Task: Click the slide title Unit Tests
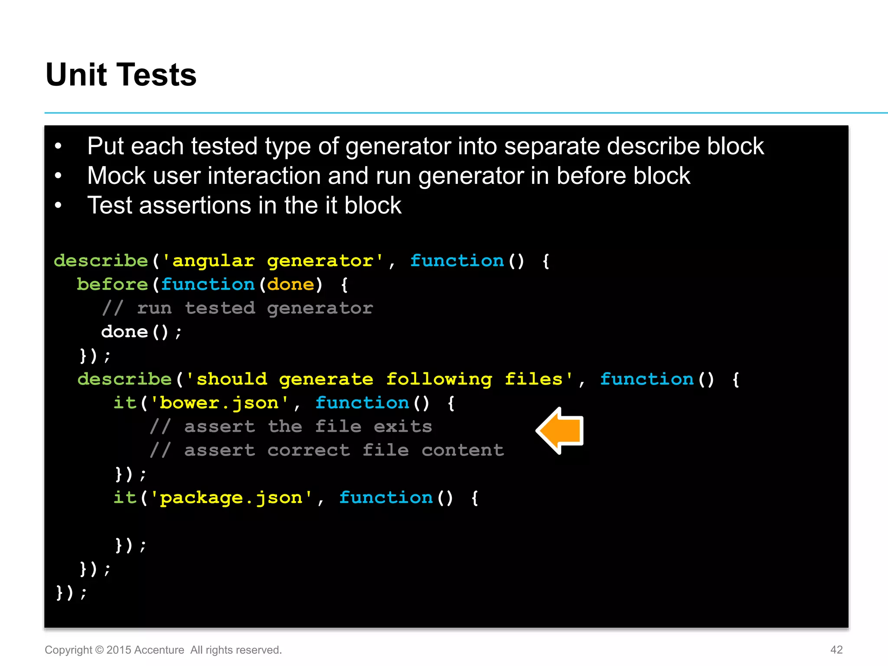[121, 75]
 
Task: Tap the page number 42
[836, 650]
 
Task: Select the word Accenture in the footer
[159, 650]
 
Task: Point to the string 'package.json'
[231, 498]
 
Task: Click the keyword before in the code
[112, 284]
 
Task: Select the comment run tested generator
[238, 308]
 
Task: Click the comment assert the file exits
[291, 427]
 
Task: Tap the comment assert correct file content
[327, 451]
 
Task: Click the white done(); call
[141, 332]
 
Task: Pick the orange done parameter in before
[291, 284]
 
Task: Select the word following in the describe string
[439, 379]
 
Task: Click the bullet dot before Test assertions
[58, 206]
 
